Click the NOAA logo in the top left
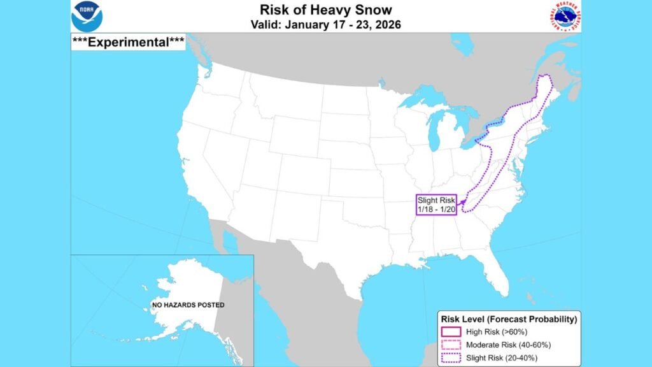point(87,17)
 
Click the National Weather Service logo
point(563,17)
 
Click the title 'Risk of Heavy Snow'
point(325,10)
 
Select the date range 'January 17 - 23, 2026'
point(325,25)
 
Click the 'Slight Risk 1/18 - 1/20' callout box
point(436,205)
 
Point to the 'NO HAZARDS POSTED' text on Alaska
point(188,305)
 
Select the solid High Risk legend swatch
point(451,331)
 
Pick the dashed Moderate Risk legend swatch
point(451,345)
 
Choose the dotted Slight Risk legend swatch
point(451,358)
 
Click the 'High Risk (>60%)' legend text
point(497,331)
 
